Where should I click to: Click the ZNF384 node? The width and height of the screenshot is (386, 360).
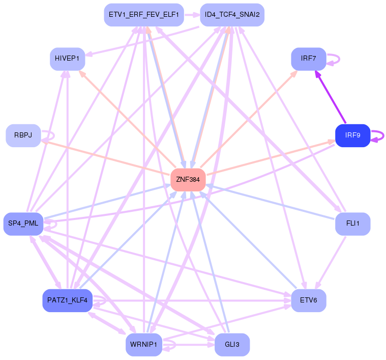(188, 180)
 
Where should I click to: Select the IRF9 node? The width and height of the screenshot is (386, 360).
(353, 135)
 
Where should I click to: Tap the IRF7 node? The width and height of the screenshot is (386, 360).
(309, 59)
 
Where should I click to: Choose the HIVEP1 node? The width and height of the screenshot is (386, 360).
(68, 59)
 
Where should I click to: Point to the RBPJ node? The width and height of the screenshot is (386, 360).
(23, 135)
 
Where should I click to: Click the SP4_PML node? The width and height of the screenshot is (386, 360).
(23, 224)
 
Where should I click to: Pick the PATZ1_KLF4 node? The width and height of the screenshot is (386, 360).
(68, 300)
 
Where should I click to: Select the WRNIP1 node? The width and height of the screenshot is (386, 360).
(144, 345)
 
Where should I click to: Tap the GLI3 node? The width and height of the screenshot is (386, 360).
(232, 345)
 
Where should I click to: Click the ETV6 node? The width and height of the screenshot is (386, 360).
(309, 300)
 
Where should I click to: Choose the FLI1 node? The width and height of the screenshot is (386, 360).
(353, 224)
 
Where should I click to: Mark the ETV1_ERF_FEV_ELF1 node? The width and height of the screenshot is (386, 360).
(144, 15)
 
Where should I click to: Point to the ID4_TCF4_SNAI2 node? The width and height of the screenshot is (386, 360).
(232, 15)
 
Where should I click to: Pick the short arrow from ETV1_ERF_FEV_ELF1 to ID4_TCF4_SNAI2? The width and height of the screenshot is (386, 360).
(192, 15)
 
